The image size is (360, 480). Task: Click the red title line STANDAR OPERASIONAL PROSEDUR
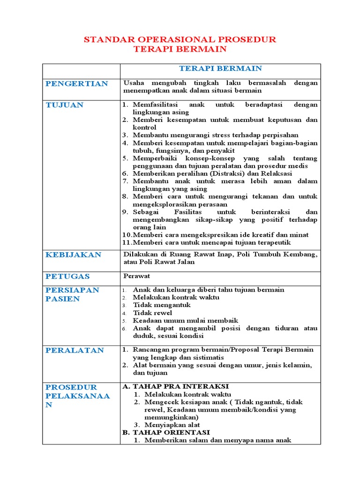tap(180, 39)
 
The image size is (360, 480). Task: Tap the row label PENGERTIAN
tap(76, 83)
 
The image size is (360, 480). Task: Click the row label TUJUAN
tap(64, 105)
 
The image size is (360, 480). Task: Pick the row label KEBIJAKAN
tap(73, 255)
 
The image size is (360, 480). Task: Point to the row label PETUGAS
tap(67, 276)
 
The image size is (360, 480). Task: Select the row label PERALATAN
tap(75, 350)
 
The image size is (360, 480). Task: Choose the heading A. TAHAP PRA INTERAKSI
tap(175, 386)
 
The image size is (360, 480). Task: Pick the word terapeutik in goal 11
tap(274, 242)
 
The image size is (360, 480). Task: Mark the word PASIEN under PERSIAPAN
tap(63, 299)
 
